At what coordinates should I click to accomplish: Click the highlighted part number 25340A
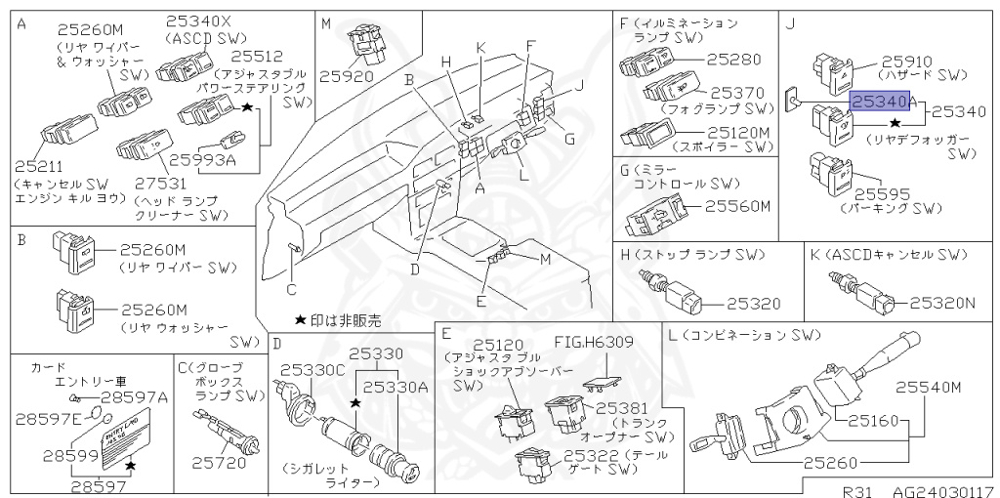coord(884,100)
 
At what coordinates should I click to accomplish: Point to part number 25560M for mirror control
coord(738,206)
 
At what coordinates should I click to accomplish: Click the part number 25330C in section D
coord(312,370)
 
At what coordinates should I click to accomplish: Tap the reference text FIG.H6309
coord(594,342)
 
